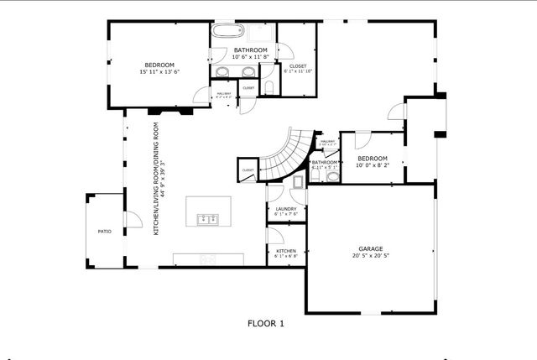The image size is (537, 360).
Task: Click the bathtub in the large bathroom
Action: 225,33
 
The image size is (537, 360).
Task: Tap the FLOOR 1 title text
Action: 266,323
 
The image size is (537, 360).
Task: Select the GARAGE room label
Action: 371,248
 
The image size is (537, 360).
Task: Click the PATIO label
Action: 105,231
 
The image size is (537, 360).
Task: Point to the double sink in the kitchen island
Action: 207,220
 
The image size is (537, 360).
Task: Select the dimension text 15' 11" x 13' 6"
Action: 159,72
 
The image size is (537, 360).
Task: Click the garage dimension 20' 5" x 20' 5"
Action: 371,255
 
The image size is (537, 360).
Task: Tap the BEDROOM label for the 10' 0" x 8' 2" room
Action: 372,159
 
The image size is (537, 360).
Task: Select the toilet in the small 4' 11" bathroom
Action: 333,175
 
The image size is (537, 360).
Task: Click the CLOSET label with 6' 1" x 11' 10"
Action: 298,65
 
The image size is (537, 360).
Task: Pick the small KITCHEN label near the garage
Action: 286,250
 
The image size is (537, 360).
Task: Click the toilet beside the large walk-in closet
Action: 268,87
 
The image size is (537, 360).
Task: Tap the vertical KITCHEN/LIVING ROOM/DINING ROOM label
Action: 156,176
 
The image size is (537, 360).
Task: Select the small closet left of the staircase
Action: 248,170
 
